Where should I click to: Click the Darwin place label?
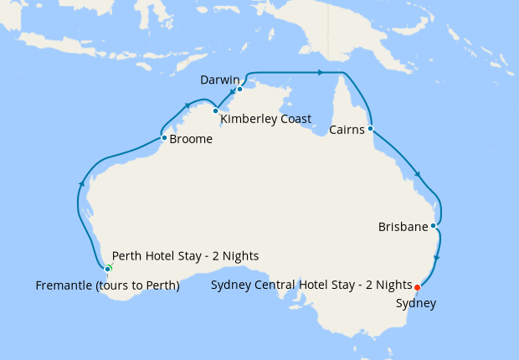coord(220,80)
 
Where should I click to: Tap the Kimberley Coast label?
coord(265,119)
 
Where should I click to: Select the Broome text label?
coord(191,140)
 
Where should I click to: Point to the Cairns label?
coord(347,130)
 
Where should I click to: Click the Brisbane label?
coord(403,227)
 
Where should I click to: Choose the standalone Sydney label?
coord(416,303)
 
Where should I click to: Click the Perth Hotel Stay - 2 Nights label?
coord(185,255)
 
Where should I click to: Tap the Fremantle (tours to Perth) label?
coord(108,285)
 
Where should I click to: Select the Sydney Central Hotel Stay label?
coord(312,285)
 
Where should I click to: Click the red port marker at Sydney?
coord(418,287)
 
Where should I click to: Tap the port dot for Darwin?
coord(239,89)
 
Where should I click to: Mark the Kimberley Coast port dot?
coord(215,111)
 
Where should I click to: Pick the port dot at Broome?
coord(164,137)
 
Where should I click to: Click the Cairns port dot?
coord(370,129)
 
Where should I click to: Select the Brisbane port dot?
coord(433,226)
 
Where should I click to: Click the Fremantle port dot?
coord(107,269)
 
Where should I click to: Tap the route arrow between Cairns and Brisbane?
coord(417,175)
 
